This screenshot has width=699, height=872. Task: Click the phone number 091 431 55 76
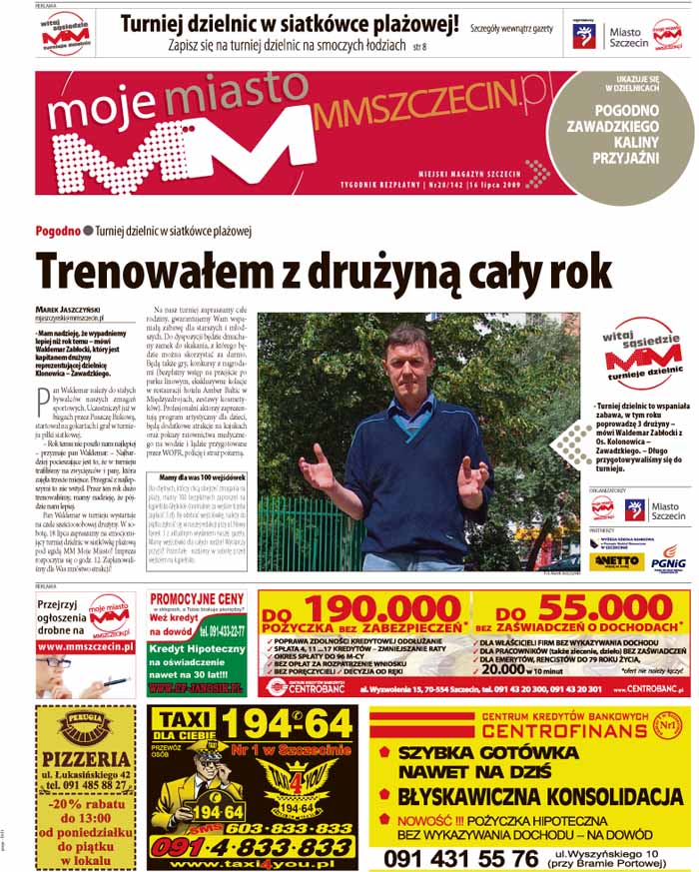pos(460,858)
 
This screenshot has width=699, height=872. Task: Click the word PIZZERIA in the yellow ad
pos(87,759)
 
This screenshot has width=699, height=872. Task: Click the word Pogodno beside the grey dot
pos(57,230)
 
